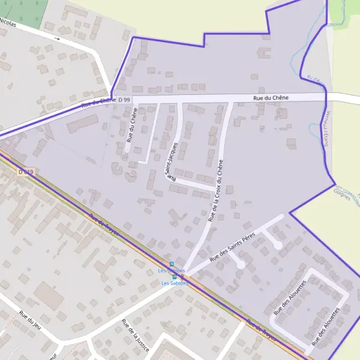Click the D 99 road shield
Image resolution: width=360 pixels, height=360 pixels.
click(x=124, y=99)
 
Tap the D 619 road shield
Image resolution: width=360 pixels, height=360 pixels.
click(x=26, y=172)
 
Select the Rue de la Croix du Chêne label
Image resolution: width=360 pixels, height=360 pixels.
click(x=216, y=191)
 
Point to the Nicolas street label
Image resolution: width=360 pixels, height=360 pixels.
click(x=8, y=22)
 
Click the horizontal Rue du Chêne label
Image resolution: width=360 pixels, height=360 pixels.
click(x=271, y=97)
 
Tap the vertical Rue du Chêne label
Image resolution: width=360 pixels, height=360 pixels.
click(x=132, y=124)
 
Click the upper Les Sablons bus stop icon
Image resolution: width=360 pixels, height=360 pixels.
click(x=172, y=264)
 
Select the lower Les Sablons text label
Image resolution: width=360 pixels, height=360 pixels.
click(x=175, y=283)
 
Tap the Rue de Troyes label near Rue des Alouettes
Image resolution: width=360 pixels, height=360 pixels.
click(x=262, y=329)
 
